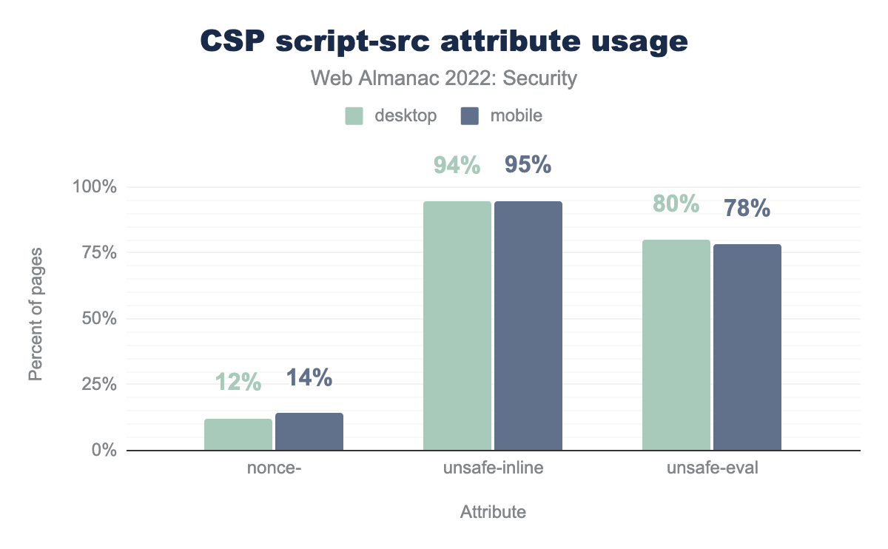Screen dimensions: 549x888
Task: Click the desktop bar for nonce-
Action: pyautogui.click(x=238, y=434)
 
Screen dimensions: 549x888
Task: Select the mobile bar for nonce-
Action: pyautogui.click(x=309, y=431)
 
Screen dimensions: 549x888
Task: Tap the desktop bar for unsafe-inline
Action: pyautogui.click(x=457, y=326)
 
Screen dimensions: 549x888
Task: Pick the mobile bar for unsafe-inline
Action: pyautogui.click(x=528, y=326)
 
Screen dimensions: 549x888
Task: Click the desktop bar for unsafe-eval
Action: pyautogui.click(x=676, y=345)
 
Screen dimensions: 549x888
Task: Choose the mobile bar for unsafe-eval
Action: pyautogui.click(x=747, y=347)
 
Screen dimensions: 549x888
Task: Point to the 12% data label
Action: pyautogui.click(x=238, y=382)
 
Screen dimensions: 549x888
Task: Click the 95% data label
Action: pyautogui.click(x=528, y=165)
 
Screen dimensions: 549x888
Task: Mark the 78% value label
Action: pyautogui.click(x=747, y=209)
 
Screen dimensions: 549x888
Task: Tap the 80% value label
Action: pyautogui.click(x=676, y=203)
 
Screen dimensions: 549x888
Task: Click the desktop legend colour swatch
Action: pyautogui.click(x=354, y=116)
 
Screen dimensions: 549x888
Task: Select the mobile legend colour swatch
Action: pyautogui.click(x=470, y=116)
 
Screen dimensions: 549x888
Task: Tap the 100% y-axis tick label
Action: pyautogui.click(x=95, y=187)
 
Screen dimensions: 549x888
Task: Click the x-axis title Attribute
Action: pyautogui.click(x=493, y=512)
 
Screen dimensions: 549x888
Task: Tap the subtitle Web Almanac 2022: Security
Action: pyautogui.click(x=444, y=78)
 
